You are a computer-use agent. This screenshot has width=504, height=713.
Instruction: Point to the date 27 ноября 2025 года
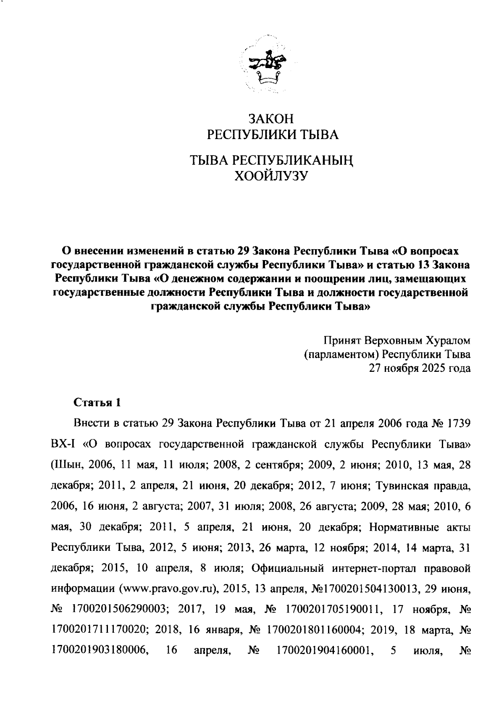(420, 368)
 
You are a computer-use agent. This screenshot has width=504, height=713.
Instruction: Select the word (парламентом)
(342, 354)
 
